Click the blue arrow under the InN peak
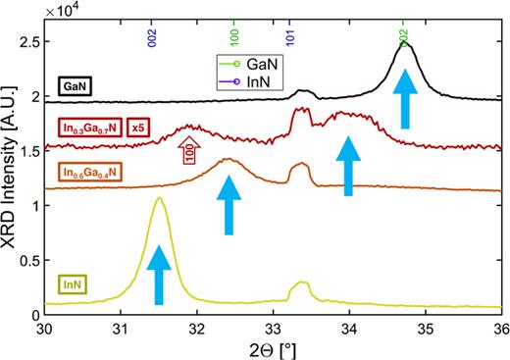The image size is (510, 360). coord(158,274)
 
